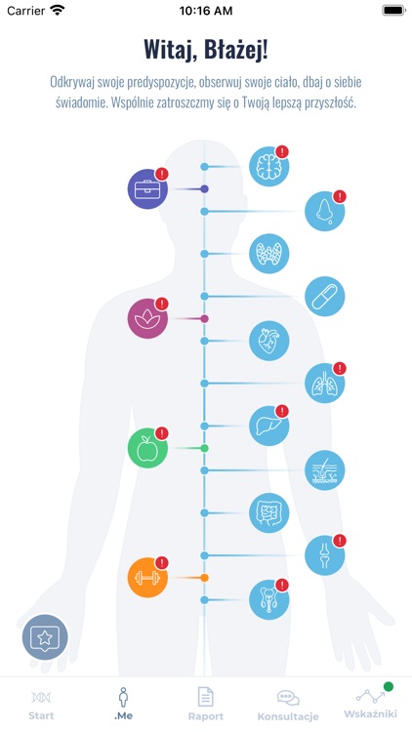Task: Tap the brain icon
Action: click(x=268, y=166)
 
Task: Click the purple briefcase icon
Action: click(x=147, y=189)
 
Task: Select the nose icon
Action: click(x=325, y=212)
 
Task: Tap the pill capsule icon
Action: click(x=325, y=297)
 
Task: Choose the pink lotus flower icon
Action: click(x=147, y=318)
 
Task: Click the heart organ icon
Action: click(x=268, y=341)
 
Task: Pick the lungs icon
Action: click(x=325, y=384)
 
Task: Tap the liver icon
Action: click(x=268, y=426)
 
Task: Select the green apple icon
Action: click(x=147, y=448)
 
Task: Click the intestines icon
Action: click(x=268, y=512)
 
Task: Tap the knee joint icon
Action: click(x=325, y=555)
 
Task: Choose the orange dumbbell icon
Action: click(x=147, y=578)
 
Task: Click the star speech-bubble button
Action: click(x=45, y=637)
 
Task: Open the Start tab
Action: click(x=41, y=704)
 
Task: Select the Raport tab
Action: click(x=206, y=704)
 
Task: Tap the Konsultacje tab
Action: click(x=288, y=705)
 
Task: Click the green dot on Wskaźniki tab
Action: click(x=388, y=686)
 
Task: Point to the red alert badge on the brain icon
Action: click(x=282, y=151)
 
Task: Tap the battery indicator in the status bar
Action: click(x=393, y=11)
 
